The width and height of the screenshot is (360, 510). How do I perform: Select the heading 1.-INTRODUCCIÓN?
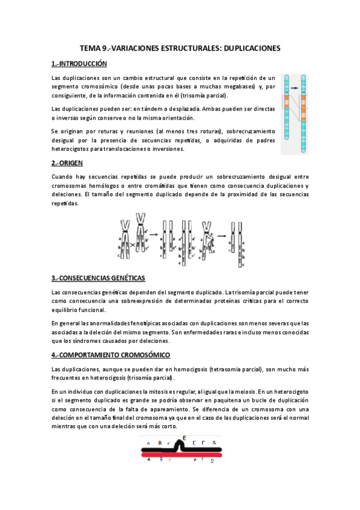coord(79,63)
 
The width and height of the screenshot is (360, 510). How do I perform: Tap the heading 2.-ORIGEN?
coord(67,163)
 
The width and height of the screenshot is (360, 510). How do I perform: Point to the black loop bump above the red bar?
coord(178,446)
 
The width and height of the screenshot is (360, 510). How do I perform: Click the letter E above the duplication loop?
coord(184,438)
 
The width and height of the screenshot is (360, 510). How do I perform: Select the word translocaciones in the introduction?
coord(132,149)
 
